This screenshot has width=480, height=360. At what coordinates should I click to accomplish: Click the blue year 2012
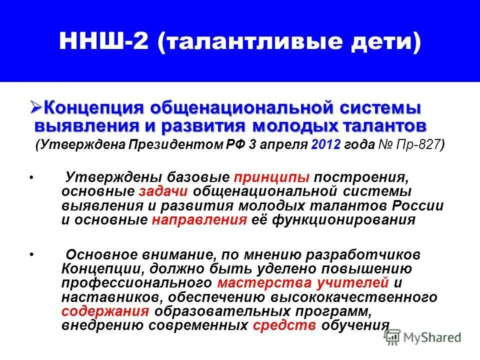click(325, 145)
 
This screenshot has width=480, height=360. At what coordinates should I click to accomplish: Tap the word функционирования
click(343, 220)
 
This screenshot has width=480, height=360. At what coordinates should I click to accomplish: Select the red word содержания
click(105, 311)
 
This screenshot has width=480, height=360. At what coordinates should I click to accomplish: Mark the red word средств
click(284, 325)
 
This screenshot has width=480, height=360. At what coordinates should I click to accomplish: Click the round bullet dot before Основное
click(31, 255)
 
